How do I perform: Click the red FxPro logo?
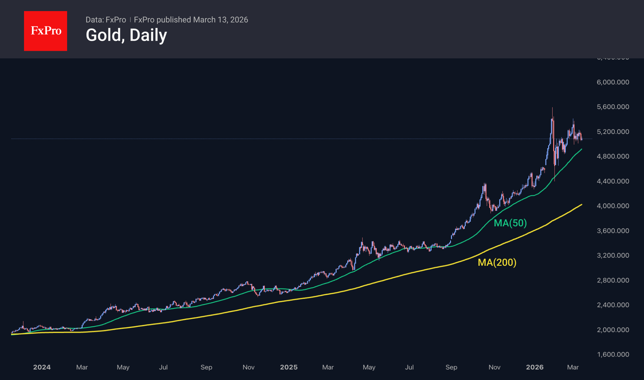(46, 31)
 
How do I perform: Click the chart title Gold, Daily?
(126, 35)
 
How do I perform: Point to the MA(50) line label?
(510, 223)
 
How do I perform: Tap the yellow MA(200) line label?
(497, 262)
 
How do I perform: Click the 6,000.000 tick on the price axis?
(613, 82)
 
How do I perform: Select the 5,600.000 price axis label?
(613, 107)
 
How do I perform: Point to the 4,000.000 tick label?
(613, 206)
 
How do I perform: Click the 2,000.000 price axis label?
(613, 330)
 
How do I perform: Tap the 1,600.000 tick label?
(613, 354)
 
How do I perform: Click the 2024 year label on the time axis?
(42, 367)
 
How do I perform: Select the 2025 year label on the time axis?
(288, 367)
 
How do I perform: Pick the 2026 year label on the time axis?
(535, 367)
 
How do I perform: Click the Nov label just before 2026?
(494, 367)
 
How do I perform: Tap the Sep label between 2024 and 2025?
(206, 367)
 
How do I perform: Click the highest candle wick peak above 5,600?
(552, 108)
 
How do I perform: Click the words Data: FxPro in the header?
(106, 20)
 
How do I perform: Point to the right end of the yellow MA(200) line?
(582, 204)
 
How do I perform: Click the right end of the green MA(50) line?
(582, 149)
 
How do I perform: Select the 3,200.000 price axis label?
(613, 255)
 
